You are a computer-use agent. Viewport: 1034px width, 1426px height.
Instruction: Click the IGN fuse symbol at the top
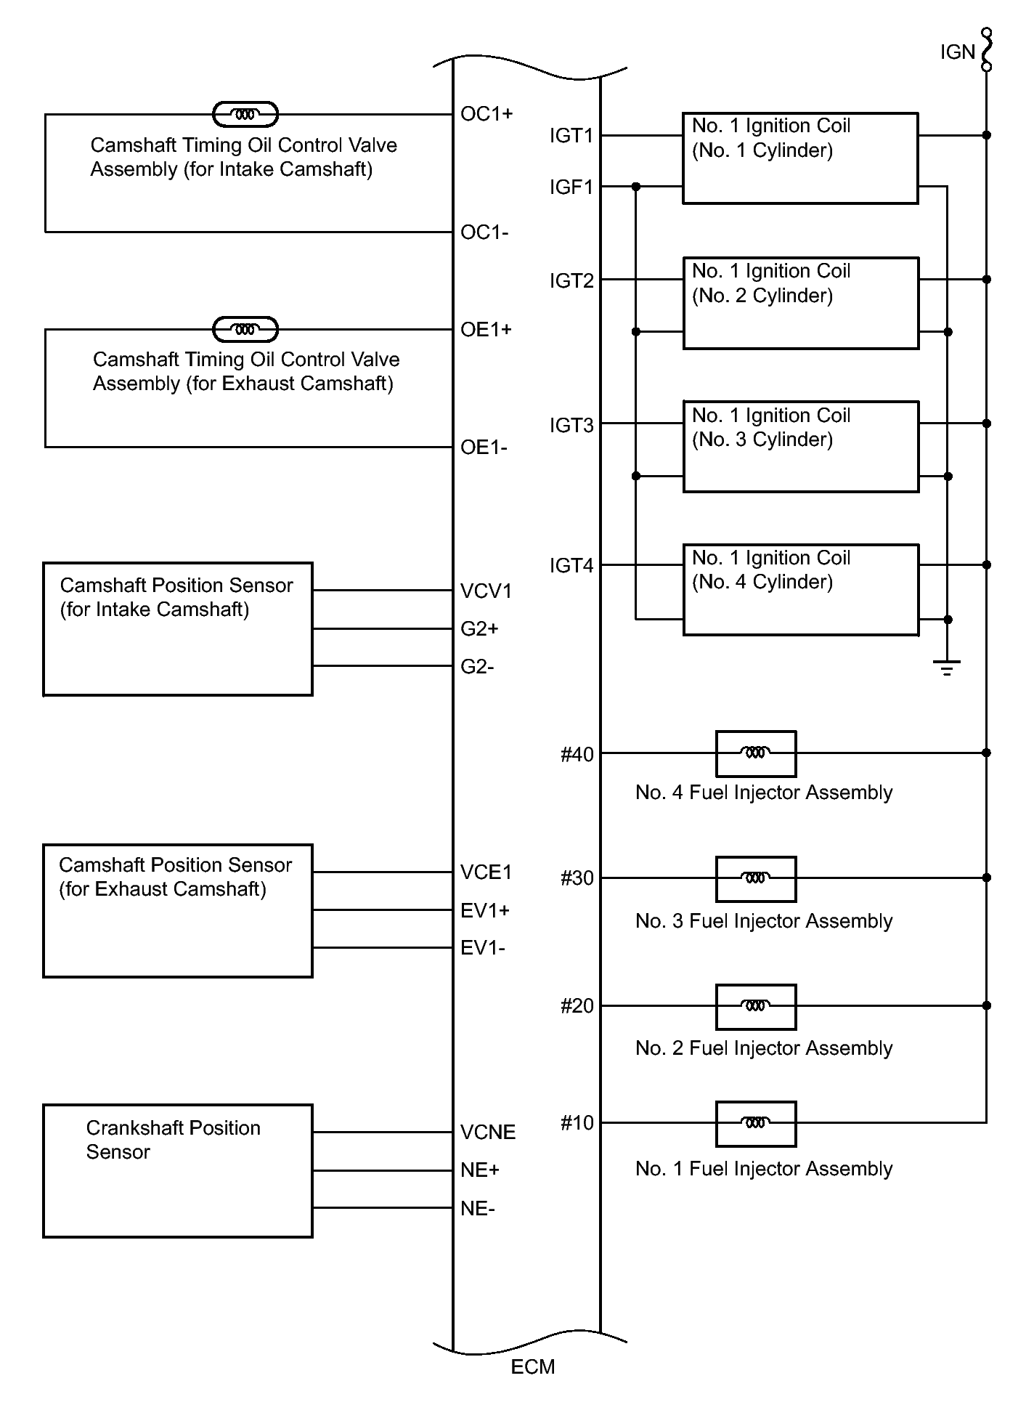[986, 50]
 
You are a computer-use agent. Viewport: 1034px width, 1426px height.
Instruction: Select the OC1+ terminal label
[487, 114]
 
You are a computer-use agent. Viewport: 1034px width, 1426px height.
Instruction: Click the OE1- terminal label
[484, 447]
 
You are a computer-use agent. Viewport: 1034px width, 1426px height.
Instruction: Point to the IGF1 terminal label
[571, 187]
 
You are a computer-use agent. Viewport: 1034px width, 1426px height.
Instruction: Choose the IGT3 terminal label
[571, 425]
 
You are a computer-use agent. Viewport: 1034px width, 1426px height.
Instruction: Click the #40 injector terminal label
[577, 755]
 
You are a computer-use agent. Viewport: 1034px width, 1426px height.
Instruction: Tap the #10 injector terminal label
[577, 1123]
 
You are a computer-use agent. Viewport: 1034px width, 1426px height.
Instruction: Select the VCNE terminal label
[488, 1133]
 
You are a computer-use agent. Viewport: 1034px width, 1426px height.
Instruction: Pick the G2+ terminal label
[479, 629]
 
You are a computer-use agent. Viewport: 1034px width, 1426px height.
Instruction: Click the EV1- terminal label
[483, 948]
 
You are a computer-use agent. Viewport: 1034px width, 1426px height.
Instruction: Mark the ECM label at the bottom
[533, 1367]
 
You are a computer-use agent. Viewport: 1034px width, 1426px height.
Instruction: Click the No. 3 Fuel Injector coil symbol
[756, 879]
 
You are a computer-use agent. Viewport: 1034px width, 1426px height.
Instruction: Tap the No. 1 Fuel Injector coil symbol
[756, 1124]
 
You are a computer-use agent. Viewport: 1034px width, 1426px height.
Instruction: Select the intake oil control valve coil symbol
[245, 114]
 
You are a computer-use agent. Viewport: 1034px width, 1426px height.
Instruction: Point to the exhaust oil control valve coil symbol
[245, 329]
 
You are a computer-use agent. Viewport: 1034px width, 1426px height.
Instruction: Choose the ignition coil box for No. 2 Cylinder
[801, 303]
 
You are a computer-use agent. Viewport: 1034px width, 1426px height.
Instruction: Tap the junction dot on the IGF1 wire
[636, 187]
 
